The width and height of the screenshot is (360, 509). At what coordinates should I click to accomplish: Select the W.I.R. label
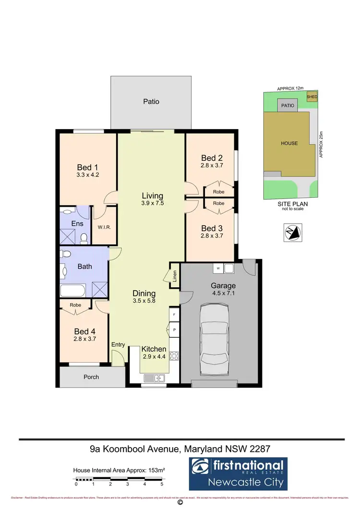pos(104,227)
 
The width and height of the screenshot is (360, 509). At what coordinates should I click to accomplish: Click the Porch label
pos(91,377)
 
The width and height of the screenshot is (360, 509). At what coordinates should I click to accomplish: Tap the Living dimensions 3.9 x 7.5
pos(152,203)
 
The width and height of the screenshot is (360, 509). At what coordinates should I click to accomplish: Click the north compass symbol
pos(292,232)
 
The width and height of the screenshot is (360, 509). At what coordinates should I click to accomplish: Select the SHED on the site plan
pos(312,96)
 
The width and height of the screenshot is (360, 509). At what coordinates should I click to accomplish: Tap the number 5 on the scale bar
pos(162,485)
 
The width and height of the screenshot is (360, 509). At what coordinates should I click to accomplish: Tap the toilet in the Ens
pos(84,237)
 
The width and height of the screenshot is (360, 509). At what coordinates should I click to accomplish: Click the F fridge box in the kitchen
pos(173,315)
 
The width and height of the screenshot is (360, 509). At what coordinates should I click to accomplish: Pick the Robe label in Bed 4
pos(75,305)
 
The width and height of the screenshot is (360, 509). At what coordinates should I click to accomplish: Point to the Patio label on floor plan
pos(151,102)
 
